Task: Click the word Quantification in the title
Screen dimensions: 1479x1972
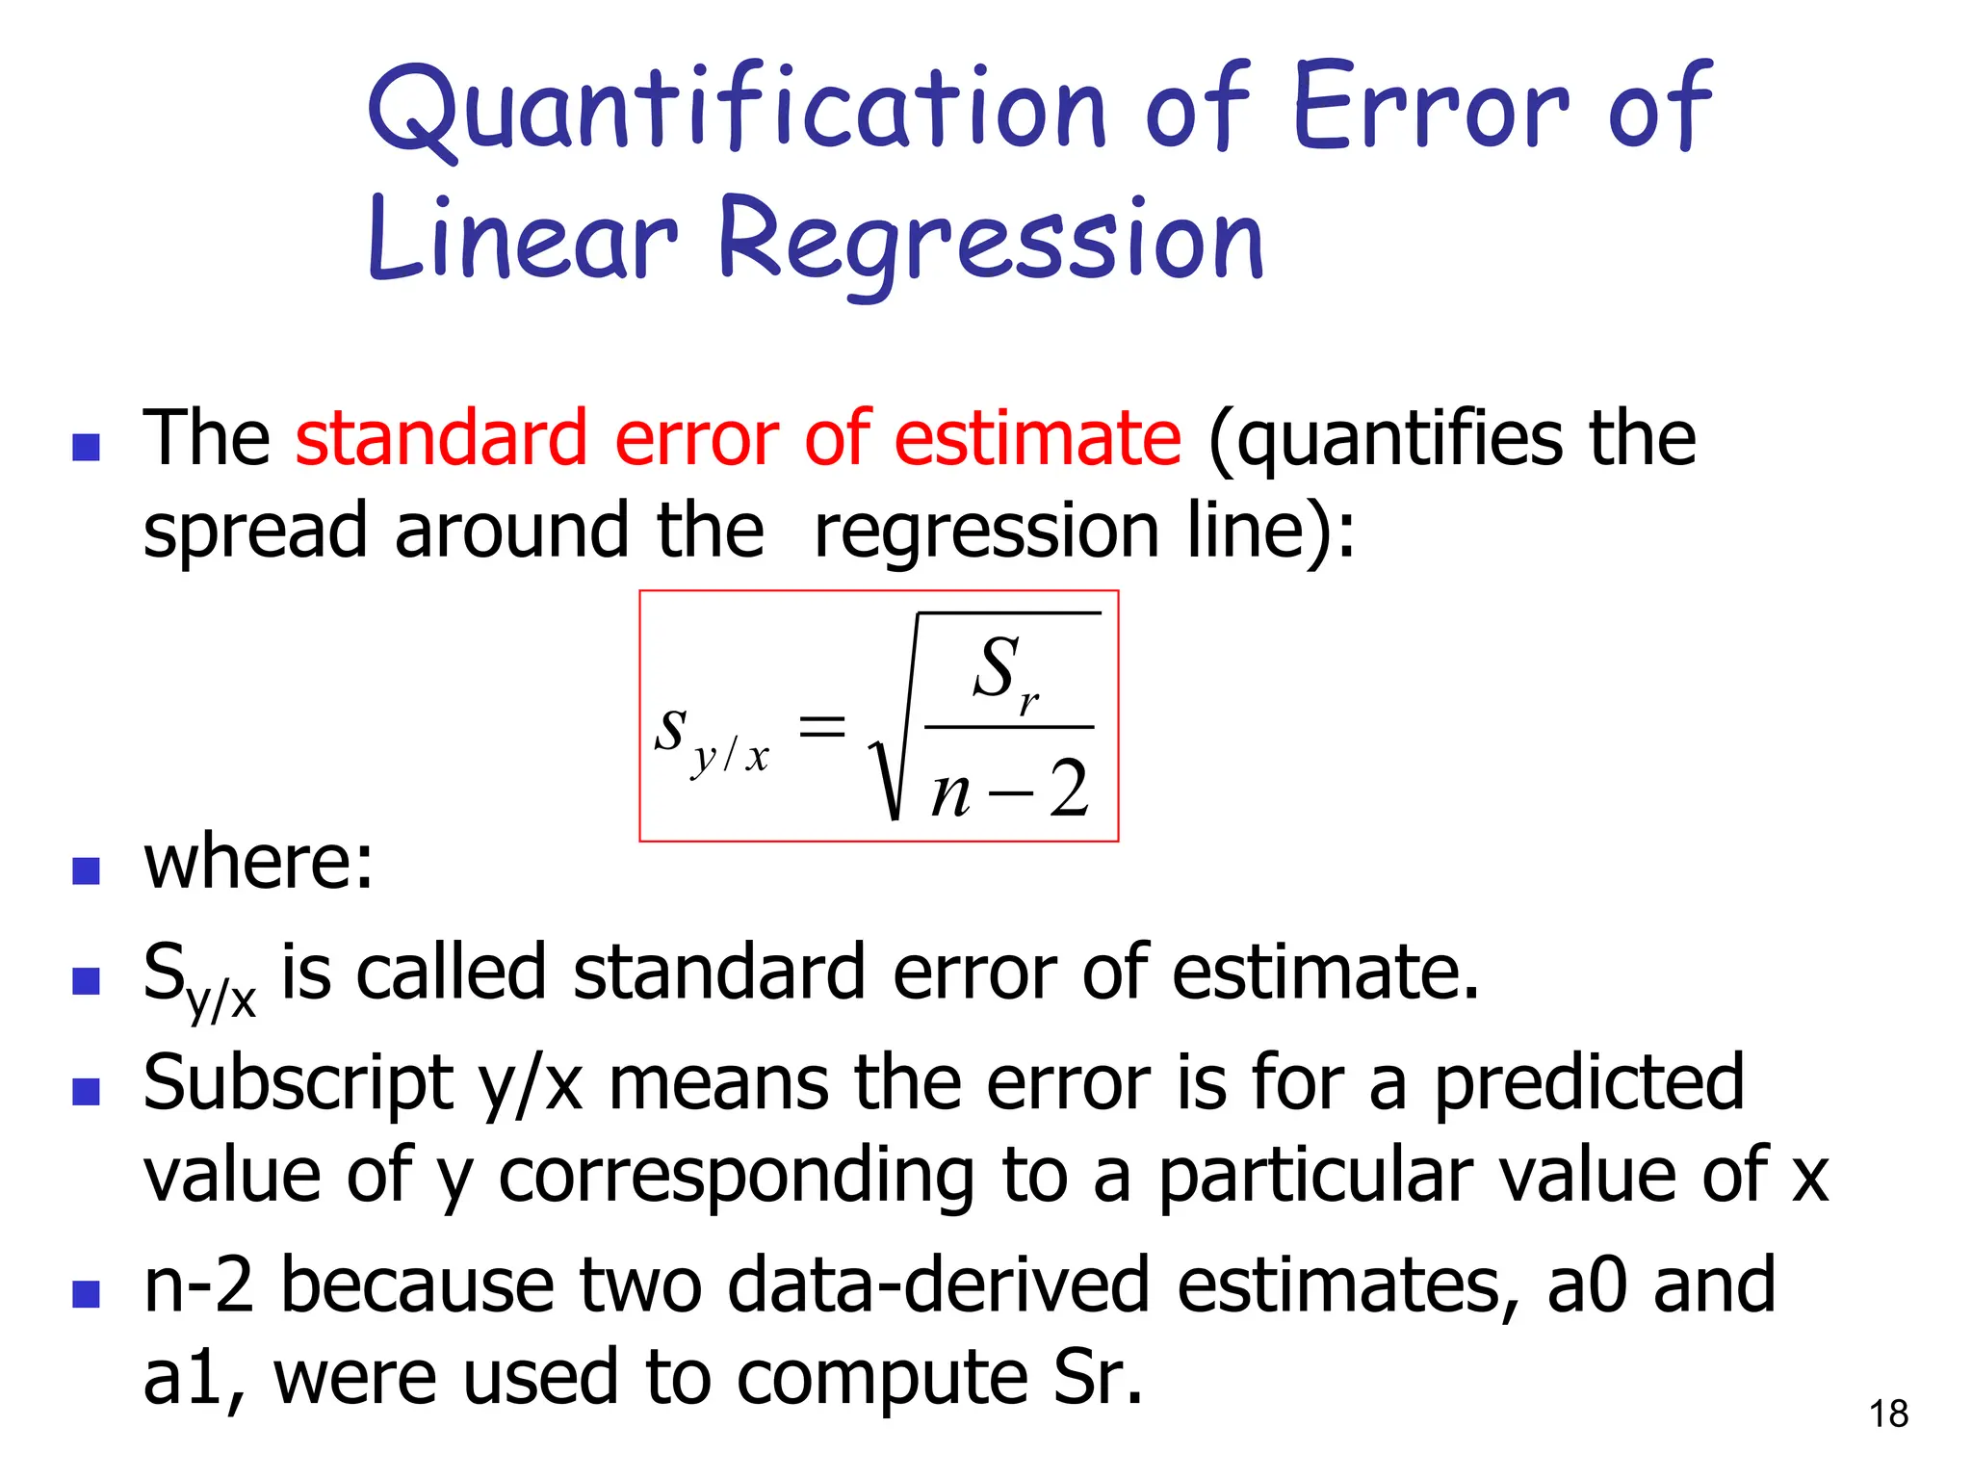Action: click(x=737, y=108)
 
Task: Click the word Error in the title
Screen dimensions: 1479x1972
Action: click(x=1431, y=108)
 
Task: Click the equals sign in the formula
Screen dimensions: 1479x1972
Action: click(x=822, y=726)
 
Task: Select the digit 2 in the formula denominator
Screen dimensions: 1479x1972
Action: click(x=1069, y=790)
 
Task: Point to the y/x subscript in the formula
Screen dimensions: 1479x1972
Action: click(x=730, y=757)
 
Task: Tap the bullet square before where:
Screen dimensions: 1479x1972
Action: click(x=87, y=870)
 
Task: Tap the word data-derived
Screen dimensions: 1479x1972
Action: click(x=938, y=1284)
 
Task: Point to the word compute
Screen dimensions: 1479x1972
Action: click(x=882, y=1377)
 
